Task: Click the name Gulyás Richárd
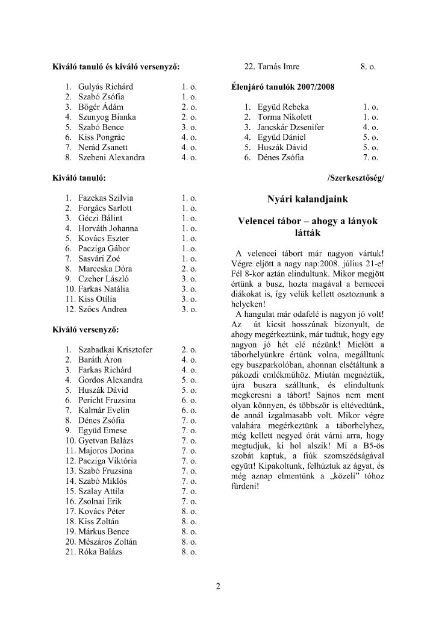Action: [x=105, y=87]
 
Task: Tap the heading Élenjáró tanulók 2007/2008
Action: [x=283, y=87]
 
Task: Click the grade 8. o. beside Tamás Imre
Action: [x=368, y=67]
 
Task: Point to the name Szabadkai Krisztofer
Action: [x=115, y=349]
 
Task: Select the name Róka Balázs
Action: [x=100, y=552]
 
